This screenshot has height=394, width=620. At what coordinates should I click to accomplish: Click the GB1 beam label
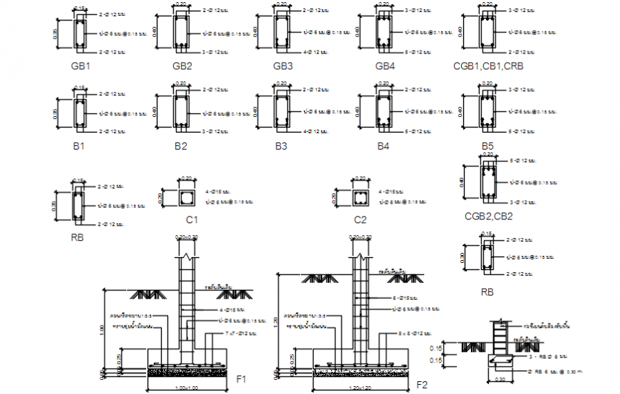[80, 66]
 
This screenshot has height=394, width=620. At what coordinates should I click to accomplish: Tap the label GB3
[282, 66]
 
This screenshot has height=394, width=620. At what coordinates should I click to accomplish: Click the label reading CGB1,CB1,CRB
[488, 66]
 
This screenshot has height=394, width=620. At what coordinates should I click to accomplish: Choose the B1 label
[78, 146]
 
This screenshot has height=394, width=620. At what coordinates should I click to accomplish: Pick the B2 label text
[180, 146]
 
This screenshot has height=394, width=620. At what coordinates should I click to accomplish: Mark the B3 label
[281, 146]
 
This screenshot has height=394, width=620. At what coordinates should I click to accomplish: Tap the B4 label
[383, 146]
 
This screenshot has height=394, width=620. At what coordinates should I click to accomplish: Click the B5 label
[487, 146]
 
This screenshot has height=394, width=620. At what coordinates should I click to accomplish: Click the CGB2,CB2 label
[488, 216]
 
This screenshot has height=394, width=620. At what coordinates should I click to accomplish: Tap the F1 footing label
[242, 380]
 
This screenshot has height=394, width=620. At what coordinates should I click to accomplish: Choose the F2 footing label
[422, 385]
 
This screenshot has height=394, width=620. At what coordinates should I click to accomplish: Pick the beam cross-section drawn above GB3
[283, 32]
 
